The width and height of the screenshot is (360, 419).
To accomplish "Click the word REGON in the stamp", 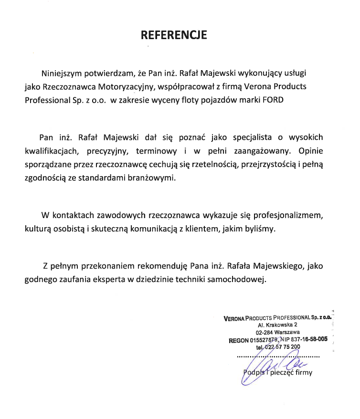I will click(239, 340).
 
